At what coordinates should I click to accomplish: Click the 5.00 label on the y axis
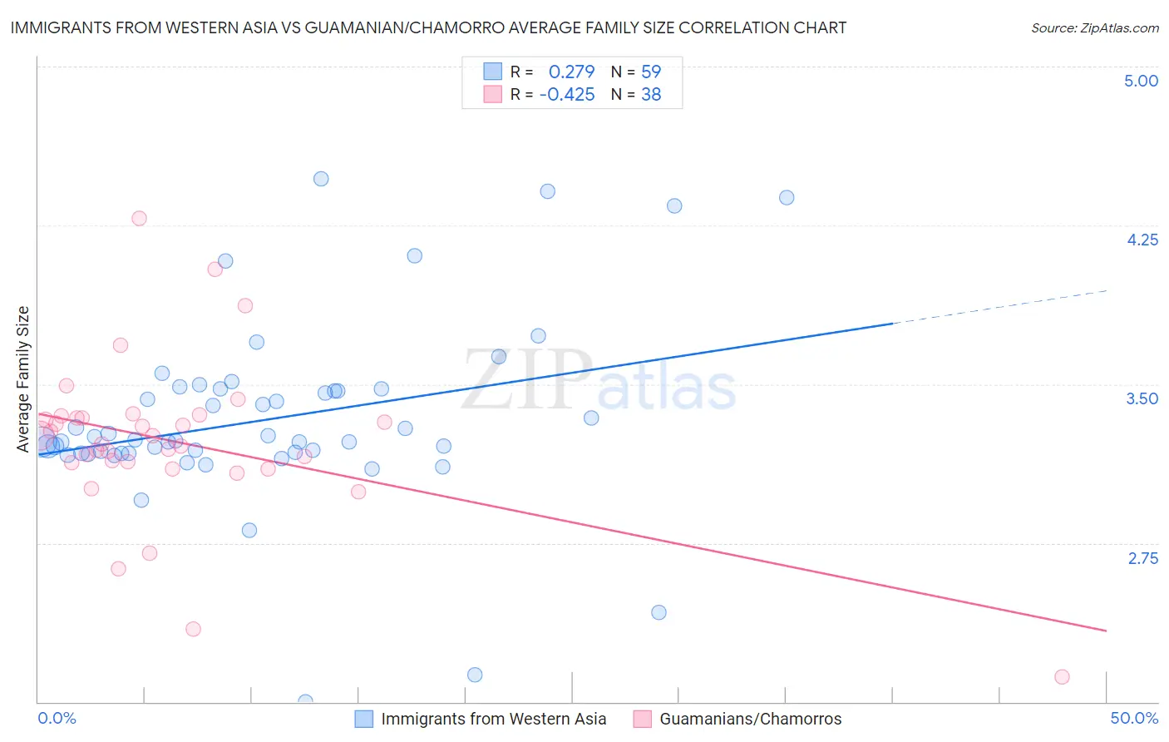pyautogui.click(x=1141, y=81)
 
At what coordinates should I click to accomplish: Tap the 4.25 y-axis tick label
pyautogui.click(x=1142, y=240)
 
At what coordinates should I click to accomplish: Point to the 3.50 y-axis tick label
pyautogui.click(x=1142, y=398)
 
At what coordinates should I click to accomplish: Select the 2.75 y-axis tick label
pyautogui.click(x=1142, y=558)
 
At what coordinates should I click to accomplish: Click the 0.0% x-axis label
pyautogui.click(x=57, y=718)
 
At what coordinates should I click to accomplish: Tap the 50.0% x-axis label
pyautogui.click(x=1134, y=718)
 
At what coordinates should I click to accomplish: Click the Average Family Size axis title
pyautogui.click(x=23, y=379)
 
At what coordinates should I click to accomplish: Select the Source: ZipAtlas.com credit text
pyautogui.click(x=1094, y=28)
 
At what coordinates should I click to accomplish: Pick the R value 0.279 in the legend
pyautogui.click(x=571, y=72)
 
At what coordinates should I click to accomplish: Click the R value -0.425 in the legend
pyautogui.click(x=567, y=95)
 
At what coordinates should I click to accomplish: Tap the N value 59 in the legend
pyautogui.click(x=651, y=72)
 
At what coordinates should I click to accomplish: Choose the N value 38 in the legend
pyautogui.click(x=651, y=95)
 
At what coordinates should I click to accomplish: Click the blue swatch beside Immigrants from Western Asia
pyautogui.click(x=364, y=719)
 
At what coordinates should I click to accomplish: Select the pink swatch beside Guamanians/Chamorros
pyautogui.click(x=642, y=719)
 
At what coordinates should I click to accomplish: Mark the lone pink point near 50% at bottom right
pyautogui.click(x=1062, y=677)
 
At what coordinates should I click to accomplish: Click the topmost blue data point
pyautogui.click(x=321, y=179)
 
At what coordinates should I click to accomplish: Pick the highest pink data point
pyautogui.click(x=139, y=218)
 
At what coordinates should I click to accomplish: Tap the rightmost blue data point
pyautogui.click(x=787, y=198)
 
